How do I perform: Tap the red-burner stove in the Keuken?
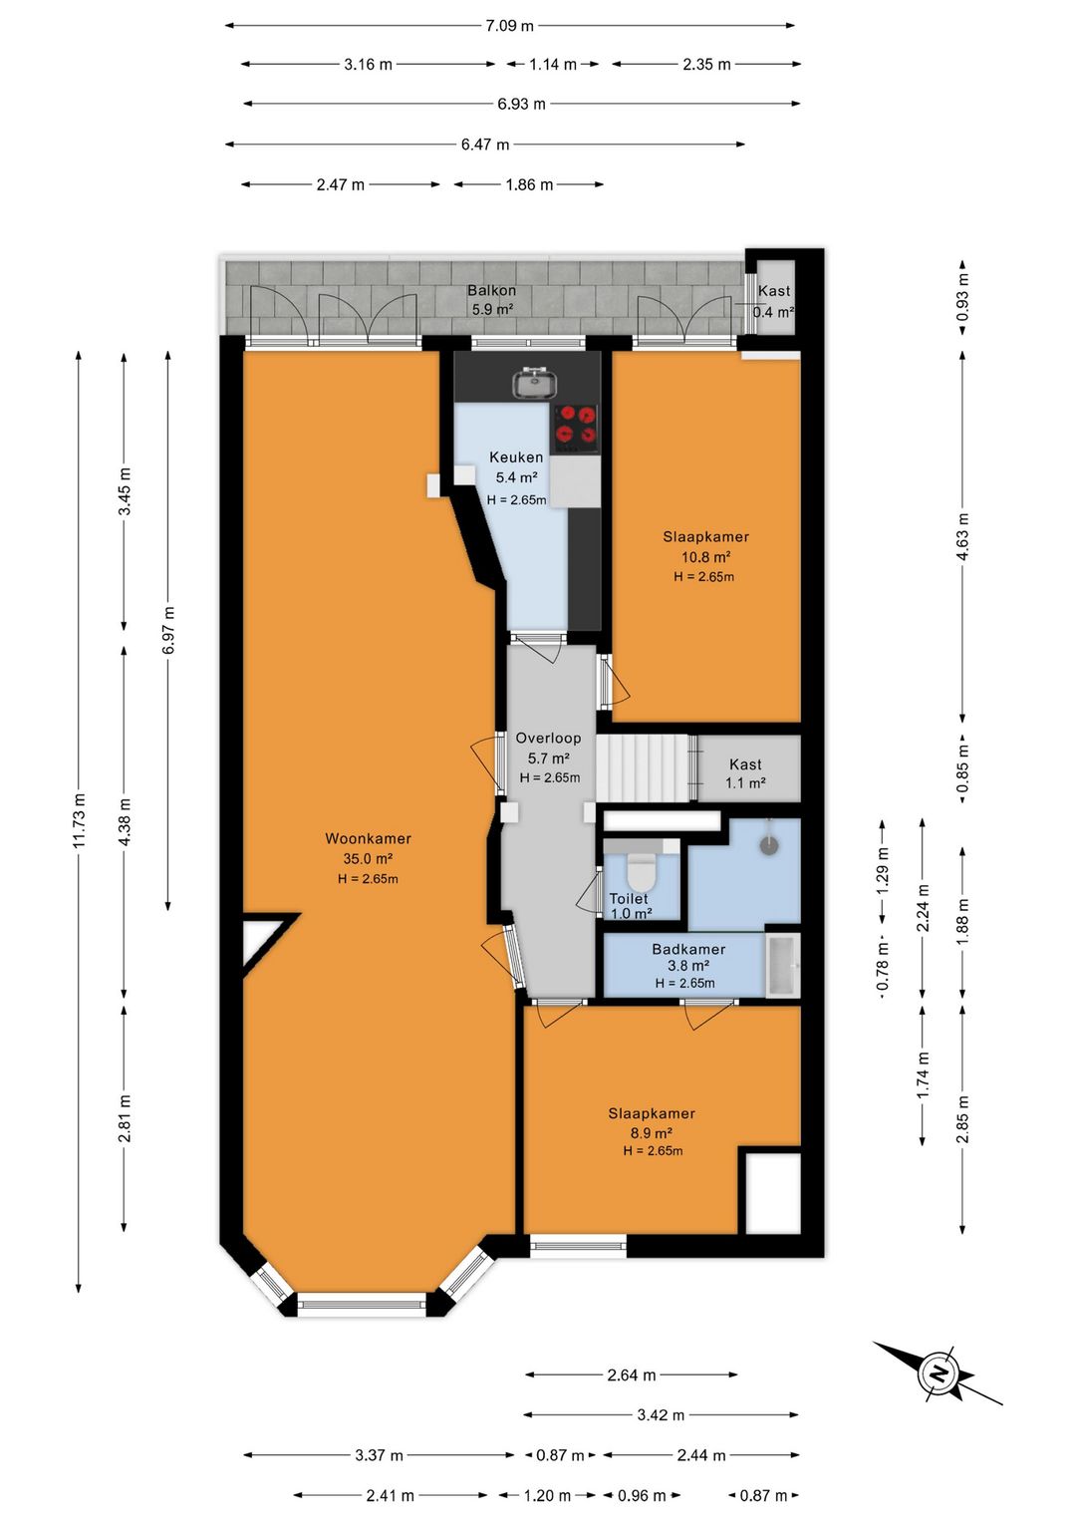(576, 430)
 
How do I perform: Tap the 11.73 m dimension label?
(80, 819)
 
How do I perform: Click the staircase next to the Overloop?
(646, 767)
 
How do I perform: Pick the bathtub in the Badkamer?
(783, 965)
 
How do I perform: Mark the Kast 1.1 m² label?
(745, 773)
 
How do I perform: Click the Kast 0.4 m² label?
(774, 301)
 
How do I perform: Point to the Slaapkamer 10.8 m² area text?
(706, 557)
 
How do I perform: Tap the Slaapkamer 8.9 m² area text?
(651, 1132)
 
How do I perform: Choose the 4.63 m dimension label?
(962, 536)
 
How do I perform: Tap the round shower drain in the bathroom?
(769, 845)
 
